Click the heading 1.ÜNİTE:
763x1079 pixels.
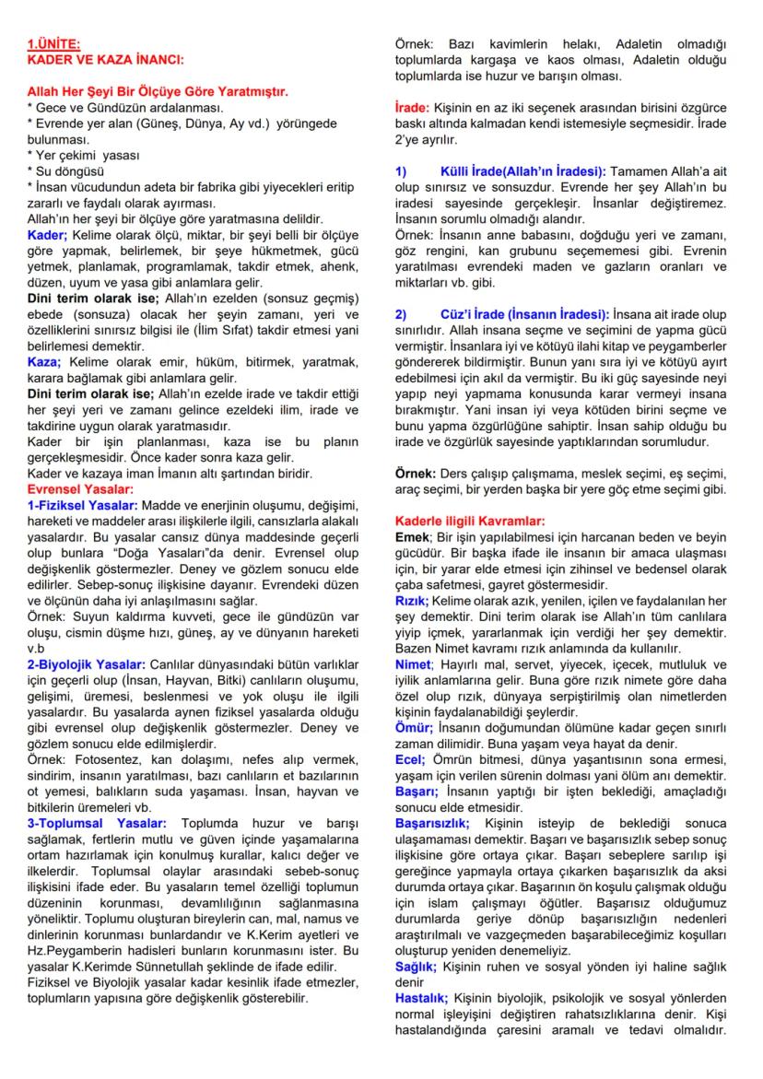54,42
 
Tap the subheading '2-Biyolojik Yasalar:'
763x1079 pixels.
86,665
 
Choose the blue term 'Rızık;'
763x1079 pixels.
412,599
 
